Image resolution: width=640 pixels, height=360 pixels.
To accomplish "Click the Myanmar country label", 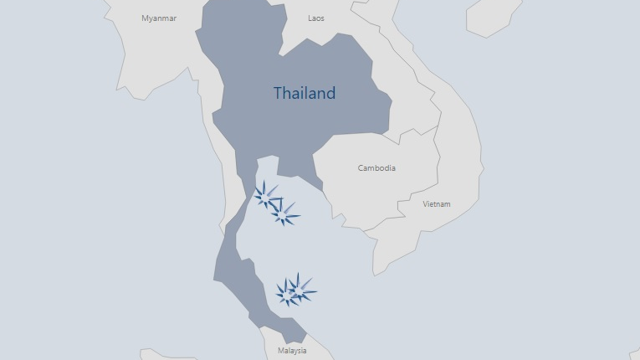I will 159,18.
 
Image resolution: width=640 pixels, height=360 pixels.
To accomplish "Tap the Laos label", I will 316,18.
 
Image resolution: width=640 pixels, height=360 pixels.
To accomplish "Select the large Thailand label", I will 305,93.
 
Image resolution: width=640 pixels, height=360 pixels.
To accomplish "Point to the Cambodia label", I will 376,168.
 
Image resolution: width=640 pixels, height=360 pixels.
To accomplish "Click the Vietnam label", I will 436,204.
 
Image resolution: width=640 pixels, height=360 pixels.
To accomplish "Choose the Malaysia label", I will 292,351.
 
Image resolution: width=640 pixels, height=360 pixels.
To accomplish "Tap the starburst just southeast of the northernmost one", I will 284,214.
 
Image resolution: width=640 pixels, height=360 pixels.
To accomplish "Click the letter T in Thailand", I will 279,93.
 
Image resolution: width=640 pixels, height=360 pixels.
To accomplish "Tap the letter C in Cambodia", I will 361,168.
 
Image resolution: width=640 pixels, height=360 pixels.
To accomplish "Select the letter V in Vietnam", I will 425,204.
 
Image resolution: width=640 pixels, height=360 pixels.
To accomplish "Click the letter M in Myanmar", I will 145,18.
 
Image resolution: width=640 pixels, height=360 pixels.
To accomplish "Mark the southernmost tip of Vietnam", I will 376,273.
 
